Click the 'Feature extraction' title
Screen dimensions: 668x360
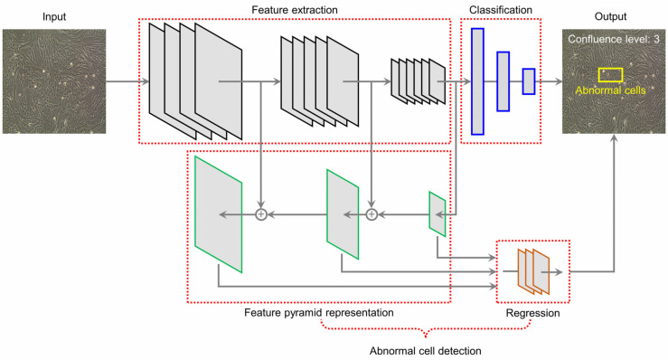295,10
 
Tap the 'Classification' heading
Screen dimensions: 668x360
501,10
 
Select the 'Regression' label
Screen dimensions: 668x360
532,313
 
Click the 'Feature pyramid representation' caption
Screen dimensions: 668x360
319,313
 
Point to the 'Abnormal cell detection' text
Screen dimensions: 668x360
425,351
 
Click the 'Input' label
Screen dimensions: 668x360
54,16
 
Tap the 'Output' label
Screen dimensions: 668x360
610,16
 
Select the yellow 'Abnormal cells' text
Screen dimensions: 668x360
610,90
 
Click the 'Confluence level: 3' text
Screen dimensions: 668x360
614,39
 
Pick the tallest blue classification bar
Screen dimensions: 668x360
477,81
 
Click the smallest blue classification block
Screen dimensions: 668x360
529,81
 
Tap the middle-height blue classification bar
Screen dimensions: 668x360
503,81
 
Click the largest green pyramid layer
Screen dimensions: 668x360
218,214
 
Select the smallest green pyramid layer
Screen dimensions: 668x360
437,214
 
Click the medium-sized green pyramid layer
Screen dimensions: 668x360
343,214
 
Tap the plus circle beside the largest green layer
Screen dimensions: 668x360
261,214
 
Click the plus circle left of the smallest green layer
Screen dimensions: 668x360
372,214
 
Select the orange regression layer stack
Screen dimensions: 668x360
533,271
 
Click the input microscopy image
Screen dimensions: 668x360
54,81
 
